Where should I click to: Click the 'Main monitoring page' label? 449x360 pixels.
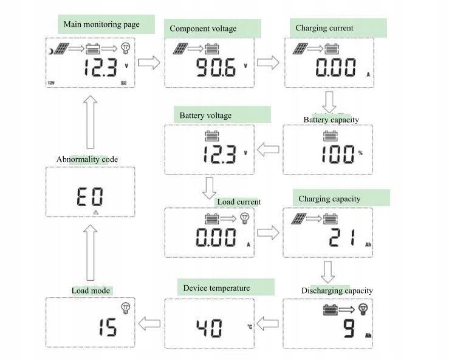pos(101,25)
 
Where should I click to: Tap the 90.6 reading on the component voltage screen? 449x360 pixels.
pos(214,68)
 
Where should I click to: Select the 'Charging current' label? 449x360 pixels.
pos(324,28)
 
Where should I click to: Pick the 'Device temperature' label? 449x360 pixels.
pos(216,288)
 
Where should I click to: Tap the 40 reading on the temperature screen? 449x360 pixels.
pos(208,329)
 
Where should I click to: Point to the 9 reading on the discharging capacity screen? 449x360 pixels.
pos(349,329)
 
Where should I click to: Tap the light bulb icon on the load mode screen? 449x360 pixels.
pos(126,308)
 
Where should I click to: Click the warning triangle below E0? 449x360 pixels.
pos(95,212)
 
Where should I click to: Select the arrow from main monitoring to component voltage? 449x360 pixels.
pos(149,63)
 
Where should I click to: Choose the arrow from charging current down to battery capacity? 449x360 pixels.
pos(329,102)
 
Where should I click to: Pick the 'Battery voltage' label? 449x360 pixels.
pos(205,116)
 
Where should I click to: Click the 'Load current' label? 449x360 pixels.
pos(239,202)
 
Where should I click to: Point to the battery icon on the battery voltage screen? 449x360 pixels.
pos(211,136)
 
